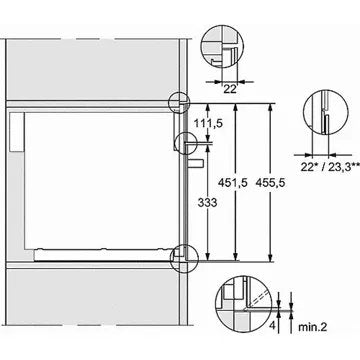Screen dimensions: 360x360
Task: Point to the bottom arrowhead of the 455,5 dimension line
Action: (273, 258)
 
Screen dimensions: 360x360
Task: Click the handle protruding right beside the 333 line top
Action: (197, 161)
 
